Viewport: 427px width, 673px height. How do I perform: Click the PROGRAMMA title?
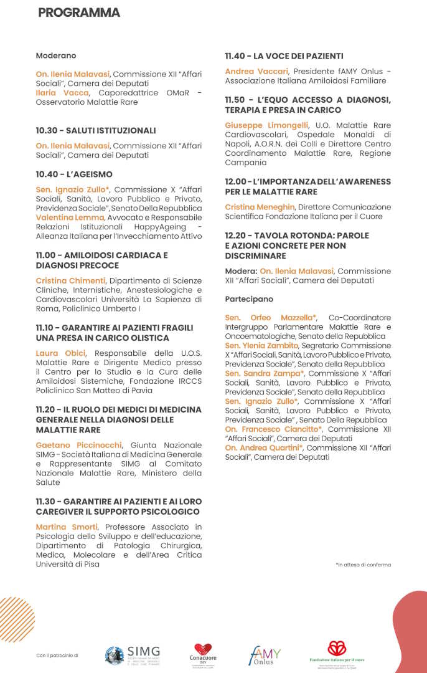[x=78, y=12]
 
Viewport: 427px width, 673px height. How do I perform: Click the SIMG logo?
[x=133, y=655]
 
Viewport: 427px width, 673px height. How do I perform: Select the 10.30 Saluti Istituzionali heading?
[x=95, y=130]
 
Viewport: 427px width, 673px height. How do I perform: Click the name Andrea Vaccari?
[x=256, y=71]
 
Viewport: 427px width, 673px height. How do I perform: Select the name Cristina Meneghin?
[x=260, y=207]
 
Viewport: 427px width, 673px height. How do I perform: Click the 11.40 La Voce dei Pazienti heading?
[x=284, y=56]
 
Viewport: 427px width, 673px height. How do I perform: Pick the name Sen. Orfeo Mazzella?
[x=271, y=318]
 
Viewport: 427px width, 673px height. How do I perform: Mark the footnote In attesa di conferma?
[x=364, y=565]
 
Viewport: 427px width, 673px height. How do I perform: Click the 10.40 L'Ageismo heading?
[x=74, y=174]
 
